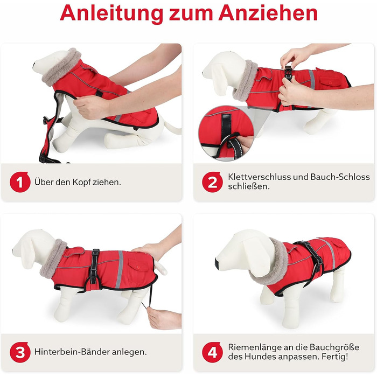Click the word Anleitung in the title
(x=111, y=13)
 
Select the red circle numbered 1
(x=20, y=182)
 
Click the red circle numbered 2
(x=212, y=182)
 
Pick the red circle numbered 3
(x=20, y=352)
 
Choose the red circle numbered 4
(x=212, y=352)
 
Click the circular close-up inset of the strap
(x=226, y=134)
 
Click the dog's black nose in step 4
(x=217, y=263)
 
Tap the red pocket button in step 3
(x=138, y=267)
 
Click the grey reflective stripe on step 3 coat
(x=119, y=269)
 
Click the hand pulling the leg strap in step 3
(x=164, y=318)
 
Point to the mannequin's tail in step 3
(x=160, y=268)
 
